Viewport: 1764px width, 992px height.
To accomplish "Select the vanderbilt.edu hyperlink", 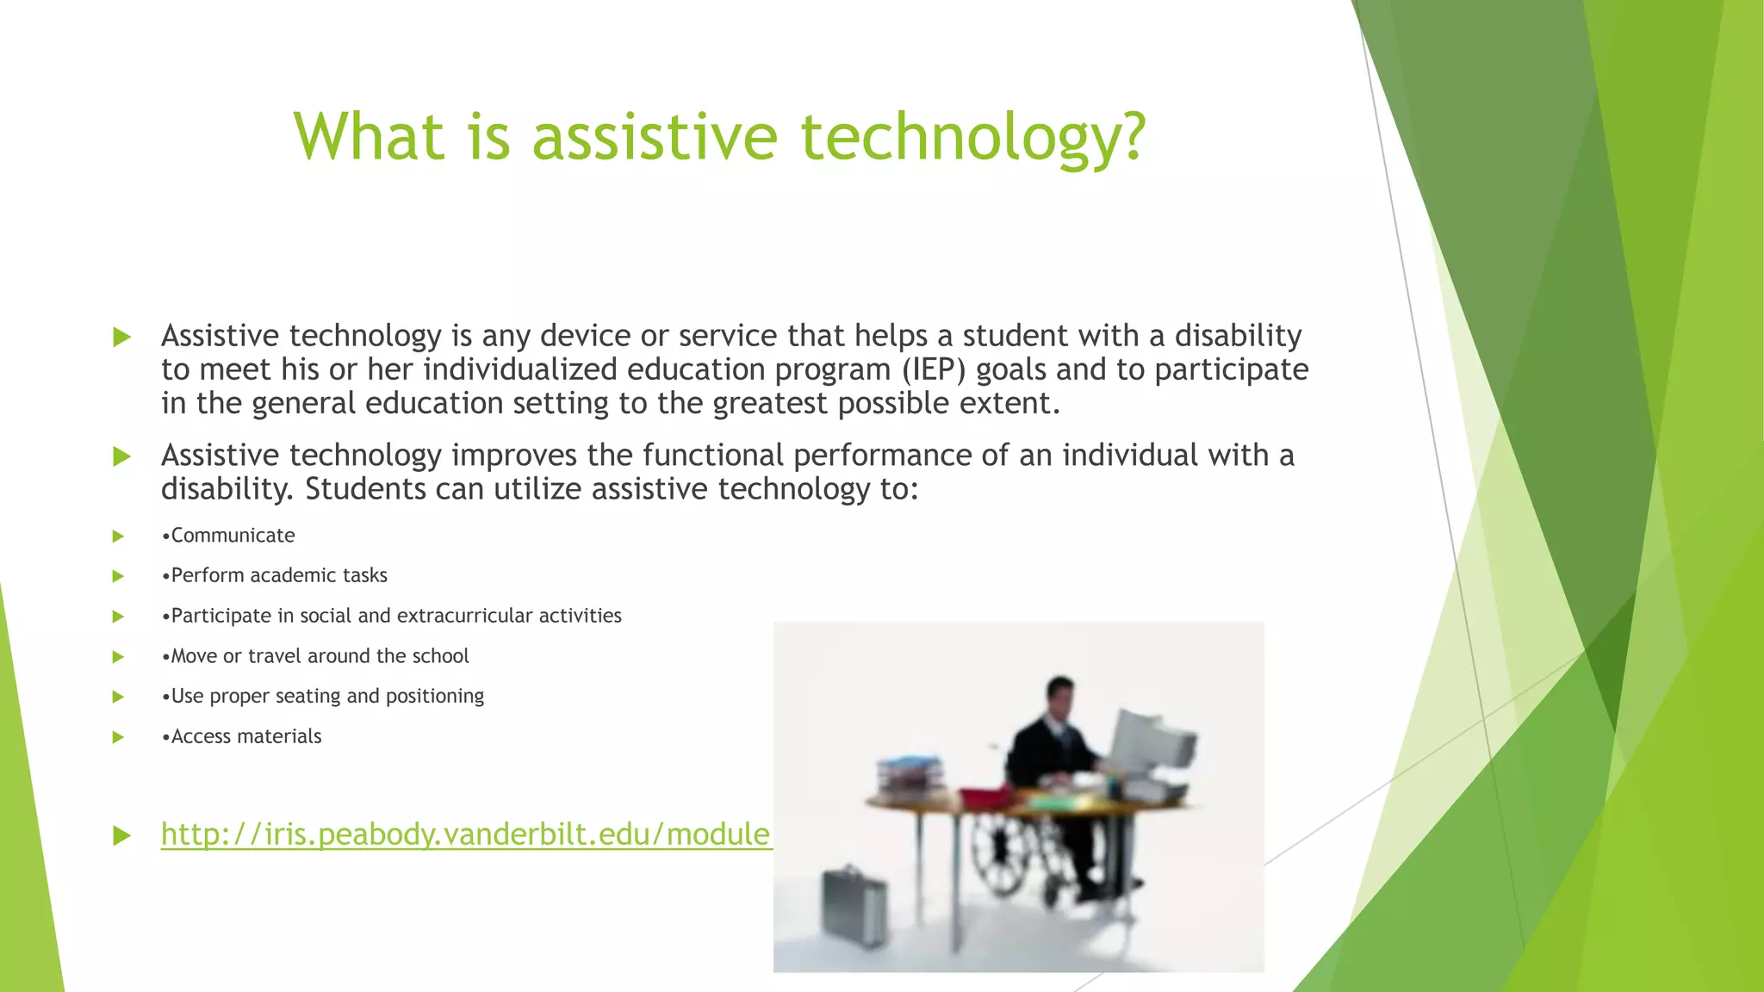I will tap(465, 834).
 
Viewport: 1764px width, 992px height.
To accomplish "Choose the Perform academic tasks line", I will tap(275, 575).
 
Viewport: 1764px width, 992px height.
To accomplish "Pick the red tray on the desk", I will tap(986, 796).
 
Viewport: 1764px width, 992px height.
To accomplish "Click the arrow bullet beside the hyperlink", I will tap(121, 835).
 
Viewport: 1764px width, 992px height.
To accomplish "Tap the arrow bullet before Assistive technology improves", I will tap(121, 456).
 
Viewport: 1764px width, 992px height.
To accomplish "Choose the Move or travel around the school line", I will tap(315, 656).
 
